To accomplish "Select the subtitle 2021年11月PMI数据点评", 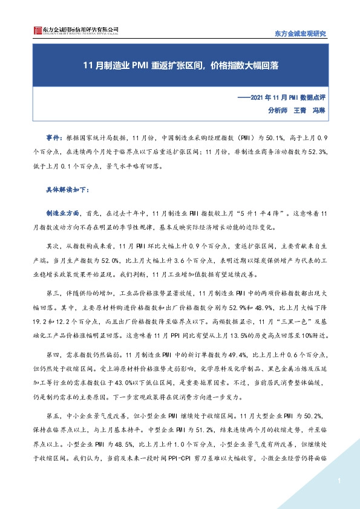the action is (281, 97).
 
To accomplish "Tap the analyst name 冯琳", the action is (319, 110).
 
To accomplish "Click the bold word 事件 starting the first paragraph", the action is (53, 138).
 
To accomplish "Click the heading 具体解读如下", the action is (68, 189).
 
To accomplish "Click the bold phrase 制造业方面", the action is (63, 215).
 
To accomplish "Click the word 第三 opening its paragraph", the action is (53, 293).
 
